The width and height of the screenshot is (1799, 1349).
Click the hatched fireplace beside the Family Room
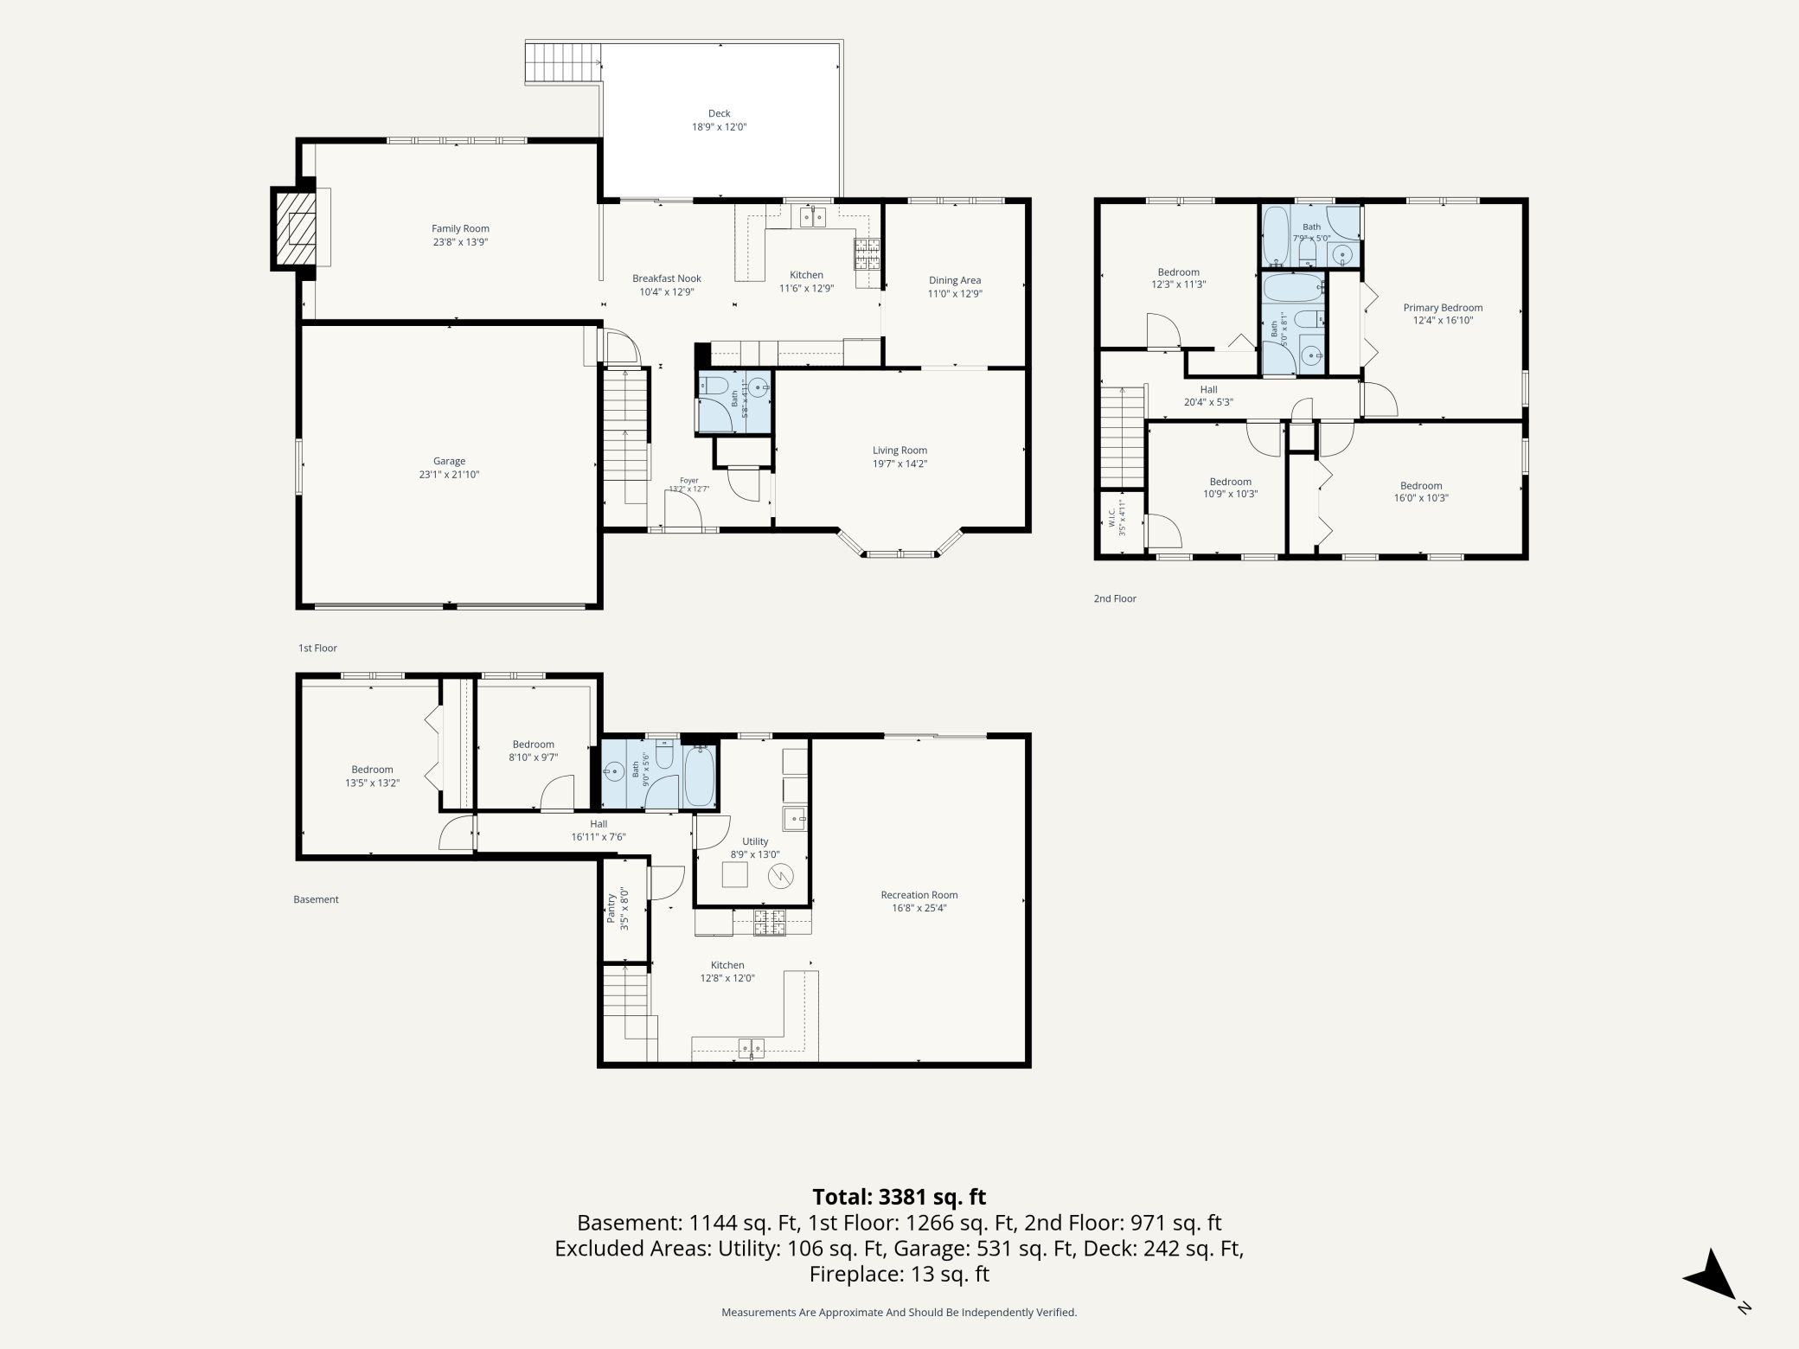[x=295, y=229]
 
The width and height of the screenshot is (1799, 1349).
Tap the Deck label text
[x=720, y=113]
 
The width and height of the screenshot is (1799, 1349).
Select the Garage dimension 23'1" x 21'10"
[x=450, y=475]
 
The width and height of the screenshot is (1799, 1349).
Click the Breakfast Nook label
[x=667, y=278]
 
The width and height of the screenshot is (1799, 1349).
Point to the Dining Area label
[x=955, y=280]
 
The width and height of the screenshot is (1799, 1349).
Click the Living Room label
[x=900, y=451]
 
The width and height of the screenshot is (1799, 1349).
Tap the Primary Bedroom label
[x=1443, y=308]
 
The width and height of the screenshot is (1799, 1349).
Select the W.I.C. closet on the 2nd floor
[x=1121, y=521]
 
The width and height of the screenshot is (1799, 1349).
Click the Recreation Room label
[x=919, y=895]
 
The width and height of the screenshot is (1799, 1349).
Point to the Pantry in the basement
[x=625, y=910]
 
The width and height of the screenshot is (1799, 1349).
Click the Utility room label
[x=755, y=841]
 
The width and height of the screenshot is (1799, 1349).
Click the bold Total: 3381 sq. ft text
[x=899, y=1197]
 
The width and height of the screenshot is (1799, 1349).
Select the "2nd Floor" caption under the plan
[x=1115, y=598]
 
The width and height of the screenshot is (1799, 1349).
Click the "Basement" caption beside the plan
[x=316, y=899]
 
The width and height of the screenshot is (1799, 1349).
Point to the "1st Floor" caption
[x=317, y=648]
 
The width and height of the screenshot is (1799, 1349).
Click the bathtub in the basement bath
[x=700, y=777]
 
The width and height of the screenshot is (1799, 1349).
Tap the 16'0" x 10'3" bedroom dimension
[x=1421, y=498]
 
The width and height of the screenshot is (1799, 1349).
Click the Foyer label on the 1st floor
[x=688, y=481]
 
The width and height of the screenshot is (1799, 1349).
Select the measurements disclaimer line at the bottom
[x=899, y=1312]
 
